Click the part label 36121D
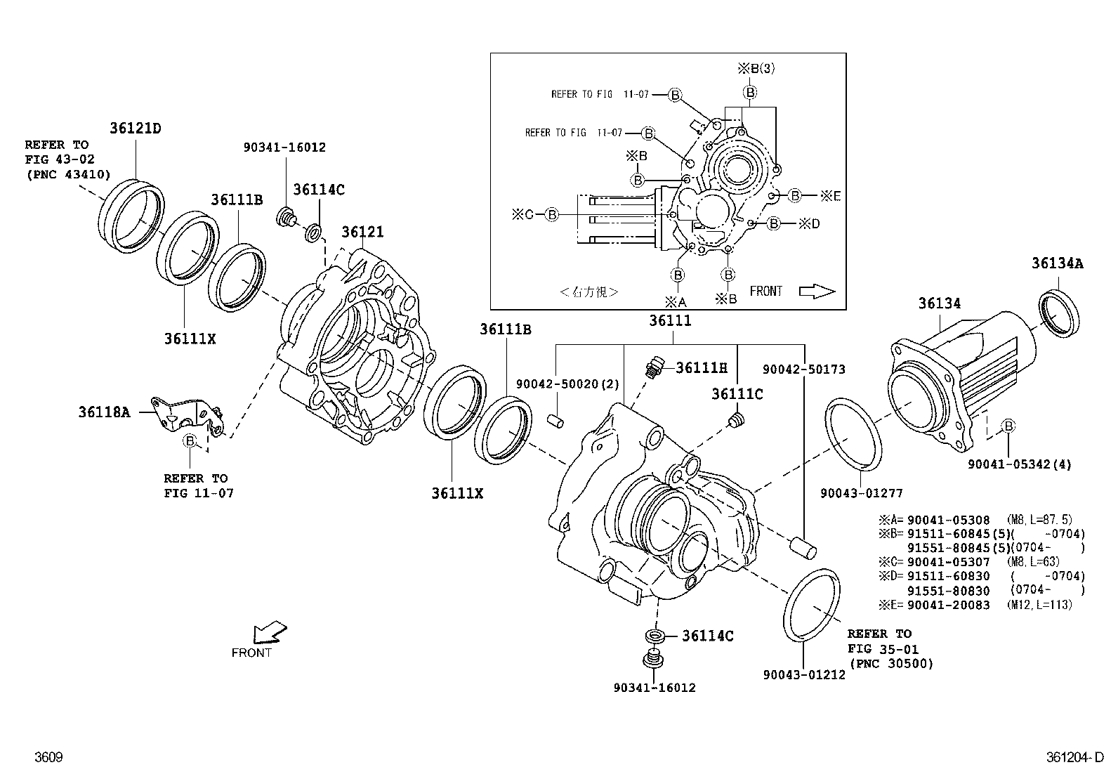pyautogui.click(x=135, y=129)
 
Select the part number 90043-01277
pyautogui.click(x=861, y=493)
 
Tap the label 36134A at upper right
pyautogui.click(x=1057, y=263)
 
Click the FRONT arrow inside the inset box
pyautogui.click(x=817, y=292)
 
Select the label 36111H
pyautogui.click(x=701, y=367)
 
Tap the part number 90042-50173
pyautogui.click(x=803, y=369)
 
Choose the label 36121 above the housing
pyautogui.click(x=362, y=232)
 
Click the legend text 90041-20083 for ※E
pyautogui.click(x=948, y=605)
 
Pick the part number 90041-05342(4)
pyautogui.click(x=1019, y=464)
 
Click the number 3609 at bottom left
pyautogui.click(x=48, y=757)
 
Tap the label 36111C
pyautogui.click(x=737, y=394)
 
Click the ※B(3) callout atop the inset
pyautogui.click(x=756, y=68)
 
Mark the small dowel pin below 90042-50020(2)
pyautogui.click(x=555, y=421)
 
